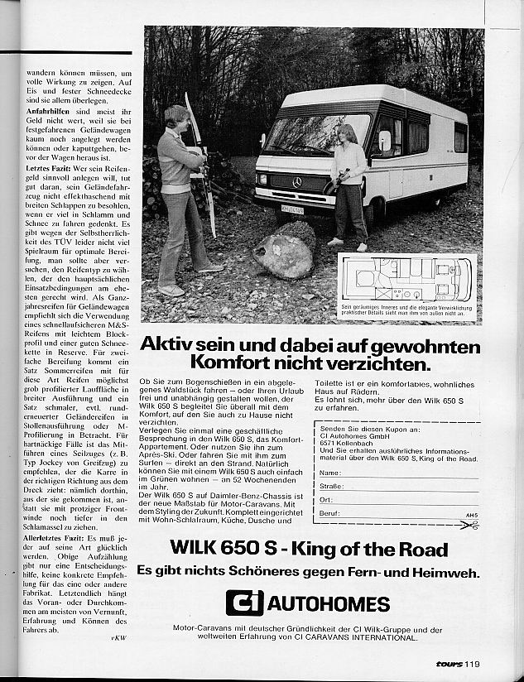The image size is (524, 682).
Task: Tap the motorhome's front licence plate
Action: [292, 210]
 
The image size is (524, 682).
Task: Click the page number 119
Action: [472, 662]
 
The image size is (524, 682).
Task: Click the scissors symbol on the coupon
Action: [472, 525]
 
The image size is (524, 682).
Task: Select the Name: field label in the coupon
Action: [329, 473]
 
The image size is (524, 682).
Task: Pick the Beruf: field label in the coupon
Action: [330, 513]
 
